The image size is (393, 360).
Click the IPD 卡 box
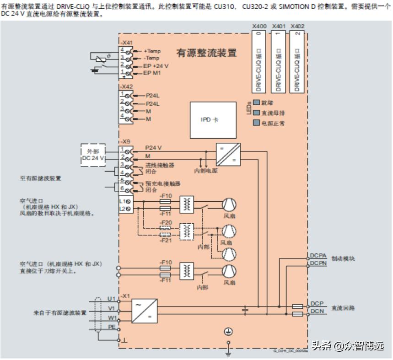pos(210,119)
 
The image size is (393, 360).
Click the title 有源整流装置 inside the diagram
pos(206,53)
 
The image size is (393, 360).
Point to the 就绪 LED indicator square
pos(256,103)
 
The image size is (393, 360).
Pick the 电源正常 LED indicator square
pos(256,123)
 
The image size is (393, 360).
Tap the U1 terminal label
pos(112,299)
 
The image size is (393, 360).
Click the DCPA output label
pos(318,256)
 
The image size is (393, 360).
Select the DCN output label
pos(317,312)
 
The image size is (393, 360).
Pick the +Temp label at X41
pos(152,51)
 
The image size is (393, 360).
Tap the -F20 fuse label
pos(166,222)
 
